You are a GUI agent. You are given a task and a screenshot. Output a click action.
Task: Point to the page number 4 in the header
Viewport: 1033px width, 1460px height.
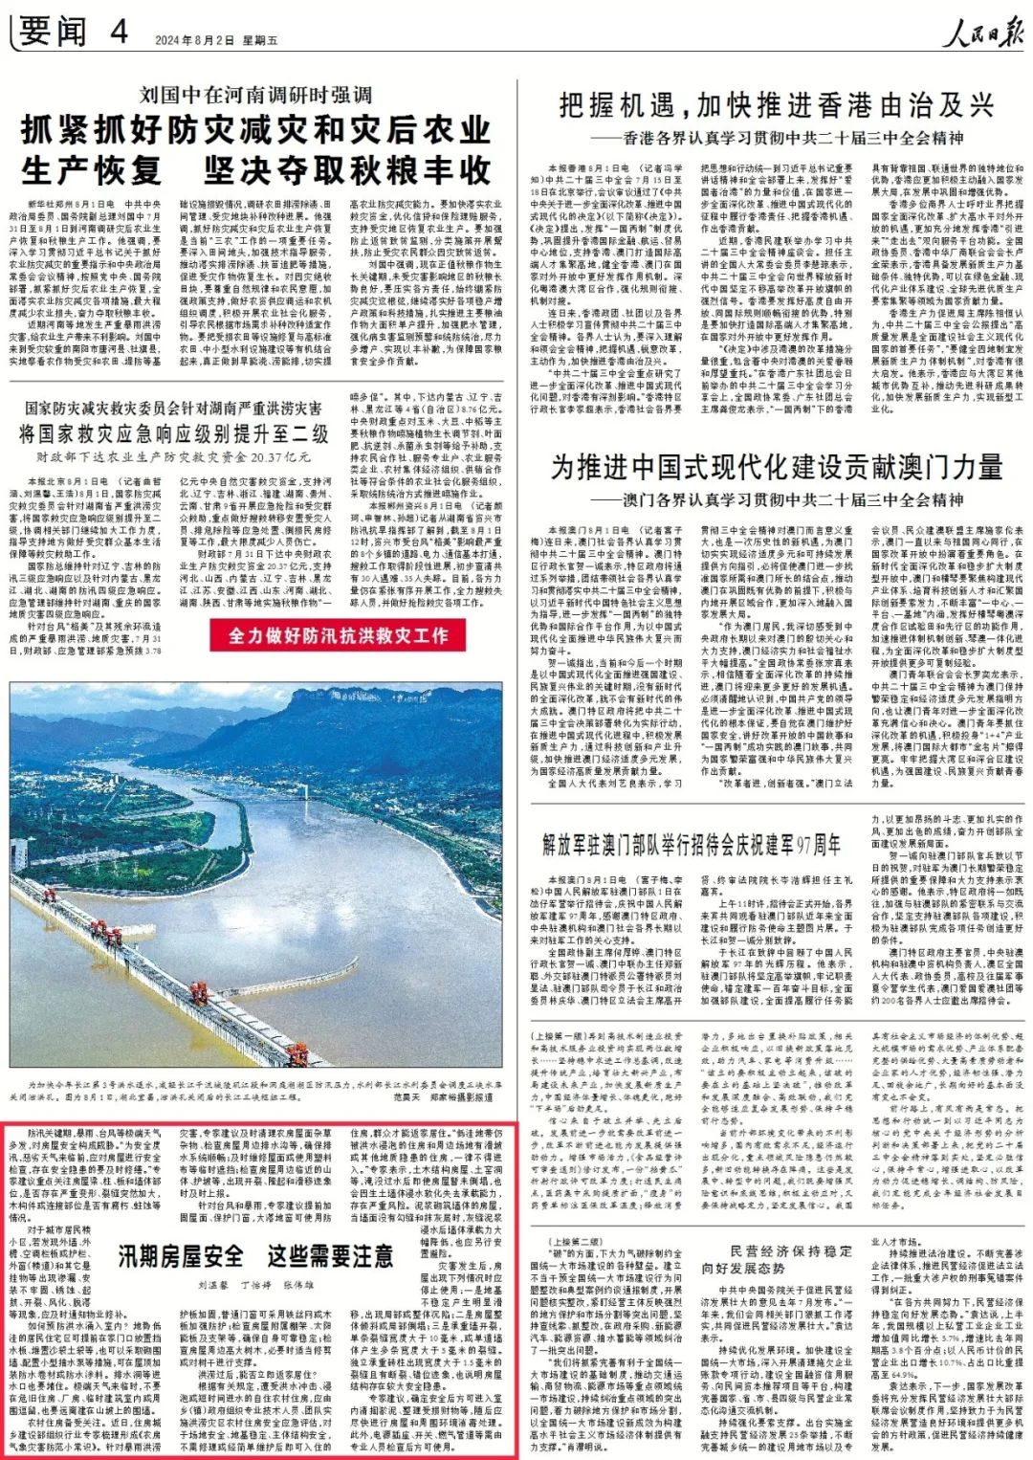(x=119, y=32)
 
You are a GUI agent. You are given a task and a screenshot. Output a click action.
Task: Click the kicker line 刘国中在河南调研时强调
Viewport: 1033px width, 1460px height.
(x=255, y=95)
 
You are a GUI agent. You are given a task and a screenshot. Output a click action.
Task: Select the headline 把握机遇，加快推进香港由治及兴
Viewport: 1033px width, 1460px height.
(x=777, y=105)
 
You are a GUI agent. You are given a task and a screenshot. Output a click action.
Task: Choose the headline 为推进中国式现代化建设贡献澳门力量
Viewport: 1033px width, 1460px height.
(x=777, y=467)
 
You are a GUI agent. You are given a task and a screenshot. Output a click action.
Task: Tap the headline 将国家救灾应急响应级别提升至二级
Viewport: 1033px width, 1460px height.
(x=173, y=433)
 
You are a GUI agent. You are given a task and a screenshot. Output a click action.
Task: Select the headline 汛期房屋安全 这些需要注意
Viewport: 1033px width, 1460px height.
(x=255, y=1254)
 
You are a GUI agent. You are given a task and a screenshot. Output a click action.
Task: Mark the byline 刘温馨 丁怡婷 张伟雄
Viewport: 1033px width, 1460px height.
(x=255, y=1285)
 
